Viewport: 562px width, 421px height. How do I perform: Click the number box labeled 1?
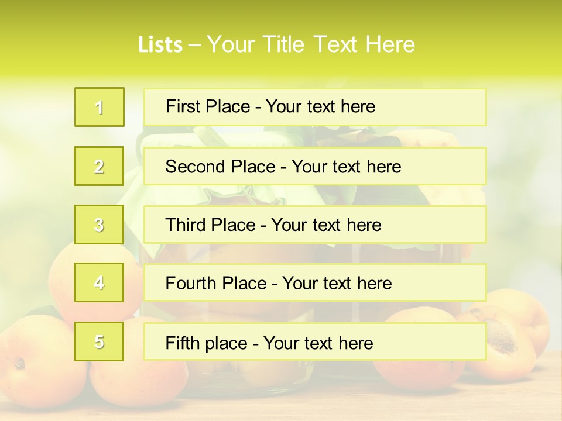tap(100, 107)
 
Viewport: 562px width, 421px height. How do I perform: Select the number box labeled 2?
tap(100, 166)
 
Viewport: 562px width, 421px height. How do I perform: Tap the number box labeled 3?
tap(100, 225)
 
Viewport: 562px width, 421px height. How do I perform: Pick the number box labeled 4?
tap(100, 282)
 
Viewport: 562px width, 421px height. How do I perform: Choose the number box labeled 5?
tap(100, 341)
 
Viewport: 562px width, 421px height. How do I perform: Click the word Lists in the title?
tap(160, 44)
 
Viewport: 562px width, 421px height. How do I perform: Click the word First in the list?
tap(183, 106)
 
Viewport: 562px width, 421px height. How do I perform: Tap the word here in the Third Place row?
tap(364, 225)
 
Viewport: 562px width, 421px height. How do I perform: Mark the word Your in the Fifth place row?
tap(279, 343)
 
